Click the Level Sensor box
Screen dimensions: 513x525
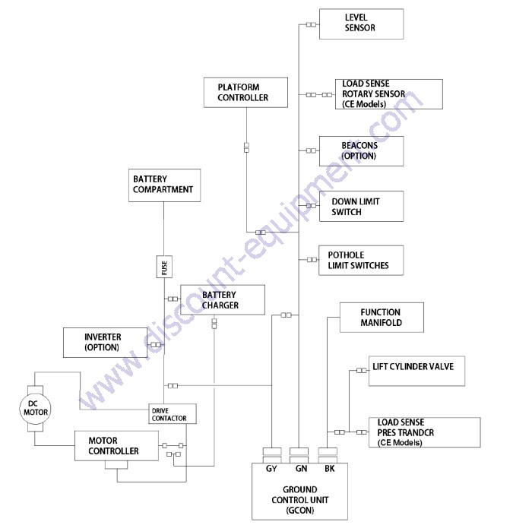coord(361,24)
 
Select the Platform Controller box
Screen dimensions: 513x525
coord(245,93)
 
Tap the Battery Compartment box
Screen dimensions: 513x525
coord(164,185)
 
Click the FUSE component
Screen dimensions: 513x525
coord(164,267)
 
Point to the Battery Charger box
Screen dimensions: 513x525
coord(223,299)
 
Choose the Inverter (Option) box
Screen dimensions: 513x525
coord(105,343)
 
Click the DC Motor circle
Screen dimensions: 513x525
coord(35,409)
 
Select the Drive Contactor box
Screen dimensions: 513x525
coord(173,414)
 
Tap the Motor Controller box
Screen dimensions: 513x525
coord(116,446)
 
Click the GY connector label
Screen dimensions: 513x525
coord(271,469)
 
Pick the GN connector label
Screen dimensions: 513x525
coord(301,469)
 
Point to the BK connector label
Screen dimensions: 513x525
coord(330,469)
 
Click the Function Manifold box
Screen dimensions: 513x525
coord(382,318)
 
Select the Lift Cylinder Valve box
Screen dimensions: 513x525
coord(417,371)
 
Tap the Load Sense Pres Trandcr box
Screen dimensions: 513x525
coord(425,432)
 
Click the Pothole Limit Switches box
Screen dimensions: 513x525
coord(361,260)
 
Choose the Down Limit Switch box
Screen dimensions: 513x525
coord(361,206)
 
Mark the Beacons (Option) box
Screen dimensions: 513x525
coord(361,151)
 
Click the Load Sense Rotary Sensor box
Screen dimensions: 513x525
coord(389,94)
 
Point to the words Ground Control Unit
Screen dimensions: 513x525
coord(299,495)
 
